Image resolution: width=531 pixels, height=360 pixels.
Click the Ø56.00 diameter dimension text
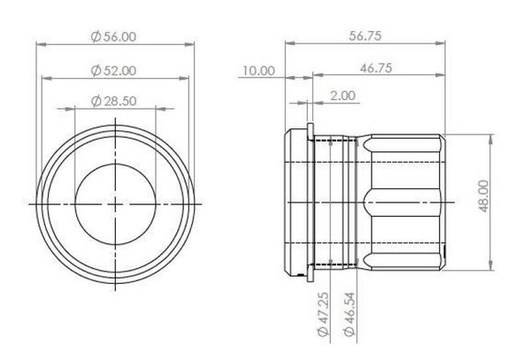tap(114, 36)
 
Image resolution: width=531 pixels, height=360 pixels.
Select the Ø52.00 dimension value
tap(114, 71)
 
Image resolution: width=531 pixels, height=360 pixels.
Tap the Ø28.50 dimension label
tap(114, 101)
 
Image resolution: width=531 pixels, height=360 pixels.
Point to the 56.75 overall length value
tap(365, 35)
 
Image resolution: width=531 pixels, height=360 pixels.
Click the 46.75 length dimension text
tap(376, 68)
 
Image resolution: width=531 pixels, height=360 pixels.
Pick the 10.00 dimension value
tap(258, 71)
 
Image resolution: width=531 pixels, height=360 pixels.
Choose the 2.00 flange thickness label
tap(342, 96)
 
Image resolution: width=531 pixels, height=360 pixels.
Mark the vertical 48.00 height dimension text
tap(484, 196)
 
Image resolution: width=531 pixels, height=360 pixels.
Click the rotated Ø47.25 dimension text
tap(323, 314)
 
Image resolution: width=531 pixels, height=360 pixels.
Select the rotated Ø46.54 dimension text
tap(350, 314)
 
